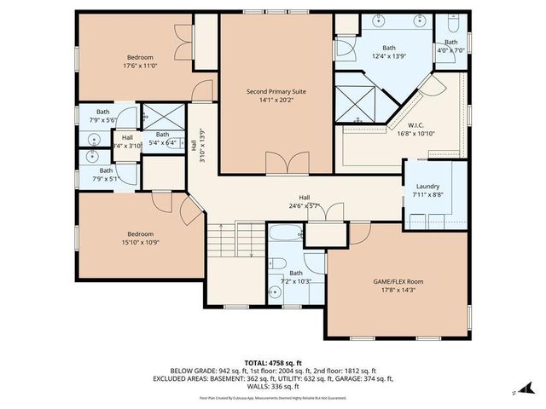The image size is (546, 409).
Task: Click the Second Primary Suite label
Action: (x=276, y=91)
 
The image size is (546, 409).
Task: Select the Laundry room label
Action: (x=427, y=187)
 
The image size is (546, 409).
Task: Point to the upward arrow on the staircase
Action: (x=220, y=228)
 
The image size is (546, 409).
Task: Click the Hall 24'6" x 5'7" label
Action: (x=304, y=200)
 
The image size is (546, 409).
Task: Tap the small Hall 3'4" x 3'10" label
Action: (x=127, y=141)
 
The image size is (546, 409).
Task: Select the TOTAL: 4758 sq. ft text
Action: (x=274, y=362)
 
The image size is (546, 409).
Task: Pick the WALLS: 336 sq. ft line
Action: (x=274, y=385)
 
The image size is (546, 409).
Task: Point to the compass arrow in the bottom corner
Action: (x=514, y=392)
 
